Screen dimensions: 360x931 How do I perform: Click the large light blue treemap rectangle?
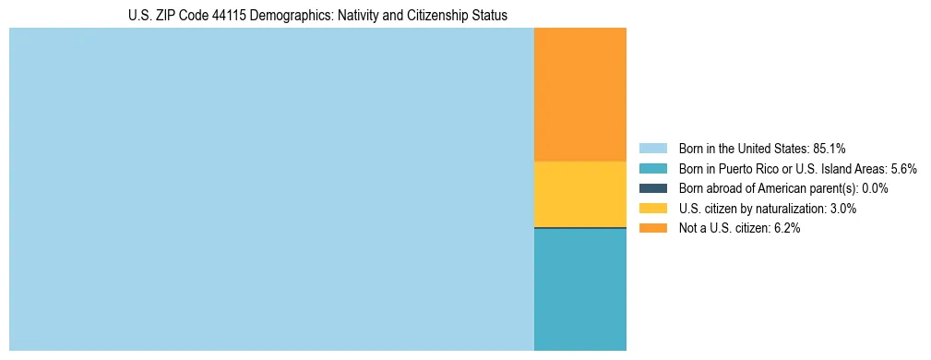[271, 189]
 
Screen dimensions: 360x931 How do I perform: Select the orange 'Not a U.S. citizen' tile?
[580, 95]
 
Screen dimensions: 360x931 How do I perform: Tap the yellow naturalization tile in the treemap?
[580, 194]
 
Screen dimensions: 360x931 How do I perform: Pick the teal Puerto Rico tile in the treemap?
[580, 289]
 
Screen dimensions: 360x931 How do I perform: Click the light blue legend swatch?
[652, 148]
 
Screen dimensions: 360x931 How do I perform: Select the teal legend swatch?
[652, 168]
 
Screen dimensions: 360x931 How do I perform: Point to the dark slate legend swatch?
[652, 188]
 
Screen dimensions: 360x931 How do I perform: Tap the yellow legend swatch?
[652, 209]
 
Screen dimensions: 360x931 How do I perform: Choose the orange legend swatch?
[652, 229]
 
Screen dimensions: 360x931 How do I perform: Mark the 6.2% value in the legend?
[786, 229]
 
